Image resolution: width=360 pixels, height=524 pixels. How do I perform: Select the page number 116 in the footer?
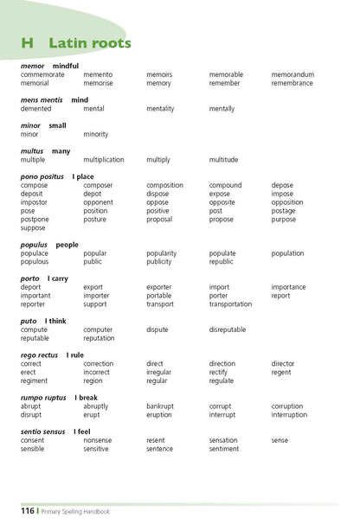coord(28,511)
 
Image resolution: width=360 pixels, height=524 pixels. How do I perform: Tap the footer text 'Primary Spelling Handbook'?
coord(77,511)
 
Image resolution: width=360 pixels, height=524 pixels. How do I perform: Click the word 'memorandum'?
coord(292,75)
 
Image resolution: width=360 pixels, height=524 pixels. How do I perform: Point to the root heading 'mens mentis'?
coord(42,100)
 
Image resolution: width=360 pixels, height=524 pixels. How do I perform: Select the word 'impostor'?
coord(35,202)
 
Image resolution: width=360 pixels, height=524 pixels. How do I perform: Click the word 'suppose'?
coord(33,227)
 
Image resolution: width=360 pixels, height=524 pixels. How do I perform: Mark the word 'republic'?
coord(221,261)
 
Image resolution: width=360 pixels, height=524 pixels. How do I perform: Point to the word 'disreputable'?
coord(228,329)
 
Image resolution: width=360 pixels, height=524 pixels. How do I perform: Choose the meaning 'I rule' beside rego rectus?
coord(76,355)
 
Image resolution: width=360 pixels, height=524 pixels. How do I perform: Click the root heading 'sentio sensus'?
coord(44,431)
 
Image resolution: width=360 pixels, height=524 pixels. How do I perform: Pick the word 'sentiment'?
coord(224,449)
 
